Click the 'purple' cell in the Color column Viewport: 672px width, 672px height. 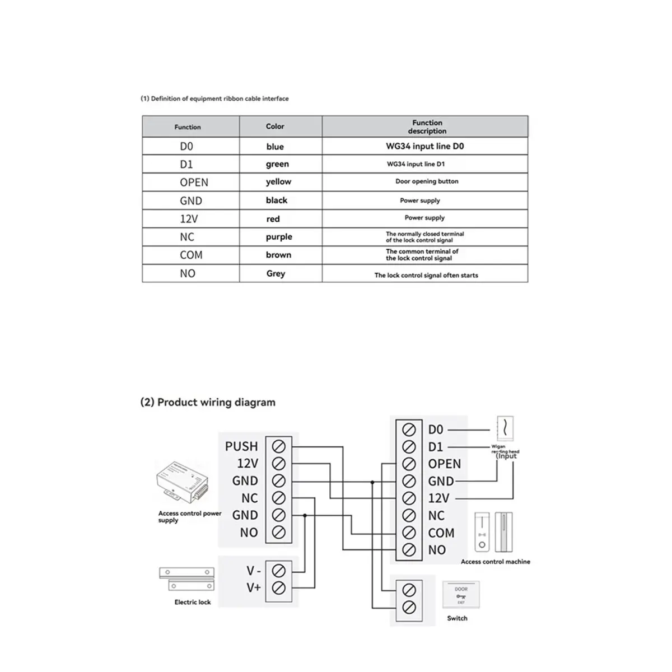point(279,237)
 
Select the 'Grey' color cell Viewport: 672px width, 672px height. point(276,273)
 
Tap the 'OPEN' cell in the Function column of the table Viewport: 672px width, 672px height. point(194,183)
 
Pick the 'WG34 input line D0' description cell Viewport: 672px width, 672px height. point(424,146)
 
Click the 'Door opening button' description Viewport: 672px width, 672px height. point(427,181)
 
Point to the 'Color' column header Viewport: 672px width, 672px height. point(275,127)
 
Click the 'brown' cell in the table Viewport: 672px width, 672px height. point(278,255)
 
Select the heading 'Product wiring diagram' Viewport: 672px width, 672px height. point(208,402)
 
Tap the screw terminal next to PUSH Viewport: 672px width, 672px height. point(278,446)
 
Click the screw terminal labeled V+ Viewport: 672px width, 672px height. point(278,587)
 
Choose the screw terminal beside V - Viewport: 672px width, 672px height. point(278,571)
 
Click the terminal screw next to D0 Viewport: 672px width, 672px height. point(409,430)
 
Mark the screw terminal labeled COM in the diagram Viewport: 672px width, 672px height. point(409,533)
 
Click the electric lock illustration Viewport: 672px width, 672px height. point(187,580)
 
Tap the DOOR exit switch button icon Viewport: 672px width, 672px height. point(461,595)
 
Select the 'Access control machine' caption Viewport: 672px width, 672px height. point(495,562)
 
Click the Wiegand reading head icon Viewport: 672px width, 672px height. point(505,428)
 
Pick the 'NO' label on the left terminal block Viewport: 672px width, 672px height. point(249,533)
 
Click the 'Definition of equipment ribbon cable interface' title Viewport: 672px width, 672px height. point(214,99)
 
